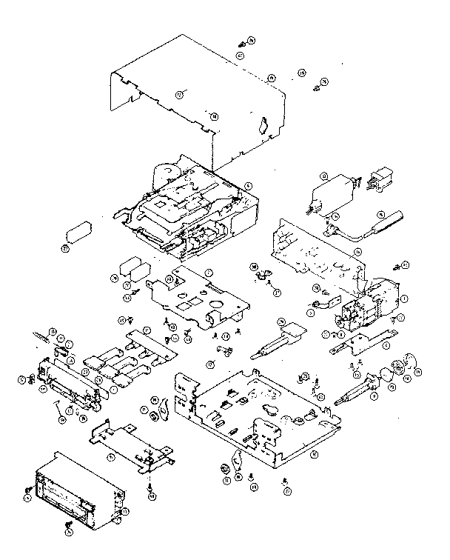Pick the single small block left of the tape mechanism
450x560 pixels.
78,235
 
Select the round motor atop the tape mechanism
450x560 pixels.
164,176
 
